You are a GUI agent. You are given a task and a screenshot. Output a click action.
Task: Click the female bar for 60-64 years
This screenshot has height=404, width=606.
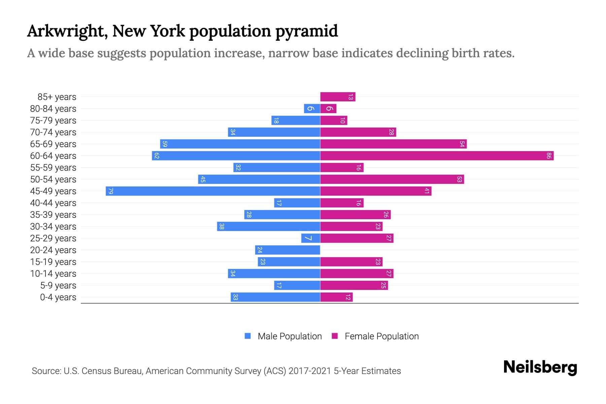pos(437,156)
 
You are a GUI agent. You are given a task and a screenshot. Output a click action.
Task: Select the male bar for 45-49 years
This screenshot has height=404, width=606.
pos(213,191)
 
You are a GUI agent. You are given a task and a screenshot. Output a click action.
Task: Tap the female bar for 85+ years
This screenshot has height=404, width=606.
pos(338,97)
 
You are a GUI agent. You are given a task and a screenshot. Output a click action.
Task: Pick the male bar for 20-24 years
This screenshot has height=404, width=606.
pos(288,250)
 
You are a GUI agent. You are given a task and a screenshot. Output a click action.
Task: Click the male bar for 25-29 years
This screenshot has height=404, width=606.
pos(310,238)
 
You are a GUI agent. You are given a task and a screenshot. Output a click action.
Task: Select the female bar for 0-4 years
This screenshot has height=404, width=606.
pos(336,297)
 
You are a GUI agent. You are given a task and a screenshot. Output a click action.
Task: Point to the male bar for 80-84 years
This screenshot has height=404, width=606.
pos(312,108)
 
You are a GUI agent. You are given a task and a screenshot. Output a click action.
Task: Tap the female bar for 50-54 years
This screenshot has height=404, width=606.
pos(392,179)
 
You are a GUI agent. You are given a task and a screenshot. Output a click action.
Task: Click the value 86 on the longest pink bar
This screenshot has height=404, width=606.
pos(549,156)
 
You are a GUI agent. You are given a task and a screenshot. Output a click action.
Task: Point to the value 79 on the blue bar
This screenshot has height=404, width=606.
pos(110,191)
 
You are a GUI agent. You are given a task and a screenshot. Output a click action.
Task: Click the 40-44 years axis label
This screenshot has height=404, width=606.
pos(53,203)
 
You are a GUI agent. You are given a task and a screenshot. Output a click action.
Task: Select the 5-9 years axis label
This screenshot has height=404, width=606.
pos(58,285)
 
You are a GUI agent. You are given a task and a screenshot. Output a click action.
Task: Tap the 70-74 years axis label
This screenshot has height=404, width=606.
pos(53,132)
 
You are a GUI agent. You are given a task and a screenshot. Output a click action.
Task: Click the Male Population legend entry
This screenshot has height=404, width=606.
pos(290,336)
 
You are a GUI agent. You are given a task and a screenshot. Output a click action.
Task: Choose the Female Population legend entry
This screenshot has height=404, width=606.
pos(381,336)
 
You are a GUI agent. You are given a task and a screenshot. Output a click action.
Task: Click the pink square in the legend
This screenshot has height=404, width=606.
pos(335,336)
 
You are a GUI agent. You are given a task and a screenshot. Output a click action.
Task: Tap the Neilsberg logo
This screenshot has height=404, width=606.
pos(540,367)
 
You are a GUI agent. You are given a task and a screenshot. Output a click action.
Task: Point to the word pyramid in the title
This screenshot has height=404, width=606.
pos(306,31)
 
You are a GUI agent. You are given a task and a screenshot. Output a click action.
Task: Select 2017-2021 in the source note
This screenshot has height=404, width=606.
pos(310,371)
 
